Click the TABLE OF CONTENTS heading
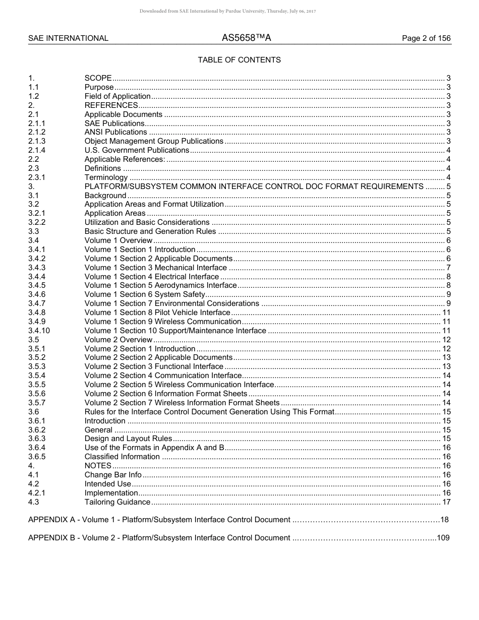(x=239, y=60)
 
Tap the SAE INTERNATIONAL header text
(x=68, y=38)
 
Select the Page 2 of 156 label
(x=426, y=38)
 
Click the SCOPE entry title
(x=98, y=78)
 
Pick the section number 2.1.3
(x=37, y=141)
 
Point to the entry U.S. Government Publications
(x=137, y=150)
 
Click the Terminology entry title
(x=106, y=177)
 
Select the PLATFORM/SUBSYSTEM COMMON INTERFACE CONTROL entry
(x=254, y=187)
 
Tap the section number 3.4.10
(x=39, y=331)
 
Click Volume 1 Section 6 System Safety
(x=145, y=294)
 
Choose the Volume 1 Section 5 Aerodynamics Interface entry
(x=160, y=285)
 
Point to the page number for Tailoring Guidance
(x=446, y=502)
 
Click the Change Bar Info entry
(x=113, y=475)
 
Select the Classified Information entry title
(x=122, y=457)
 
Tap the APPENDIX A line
(x=159, y=520)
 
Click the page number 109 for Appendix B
(x=443, y=538)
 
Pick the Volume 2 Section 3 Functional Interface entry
(x=154, y=366)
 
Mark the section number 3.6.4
(x=37, y=448)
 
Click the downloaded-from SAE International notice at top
(x=227, y=11)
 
